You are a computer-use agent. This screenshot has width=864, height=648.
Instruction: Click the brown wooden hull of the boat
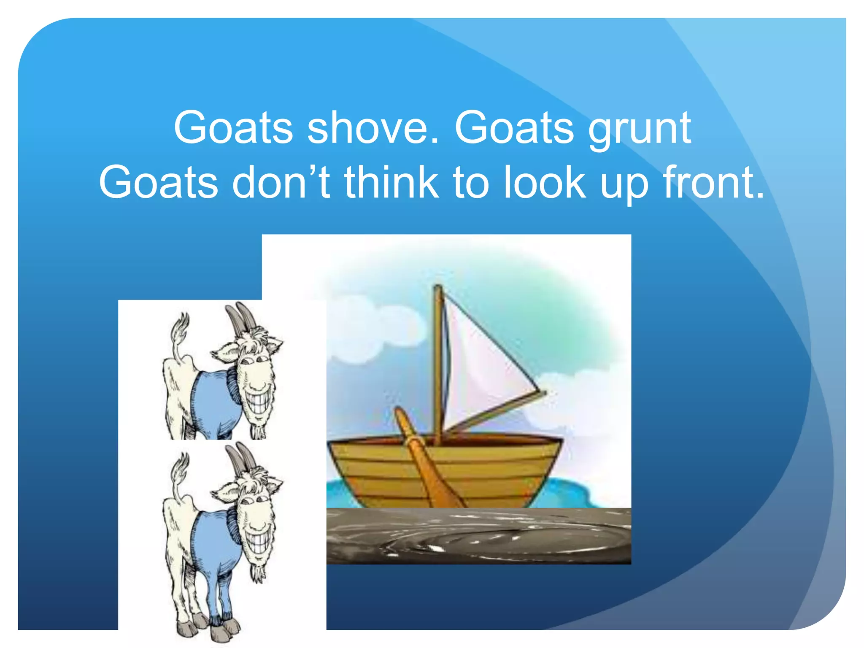[x=498, y=468]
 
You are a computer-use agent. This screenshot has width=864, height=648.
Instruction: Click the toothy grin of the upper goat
[x=258, y=399]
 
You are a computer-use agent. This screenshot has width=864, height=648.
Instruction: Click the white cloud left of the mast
[x=371, y=329]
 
